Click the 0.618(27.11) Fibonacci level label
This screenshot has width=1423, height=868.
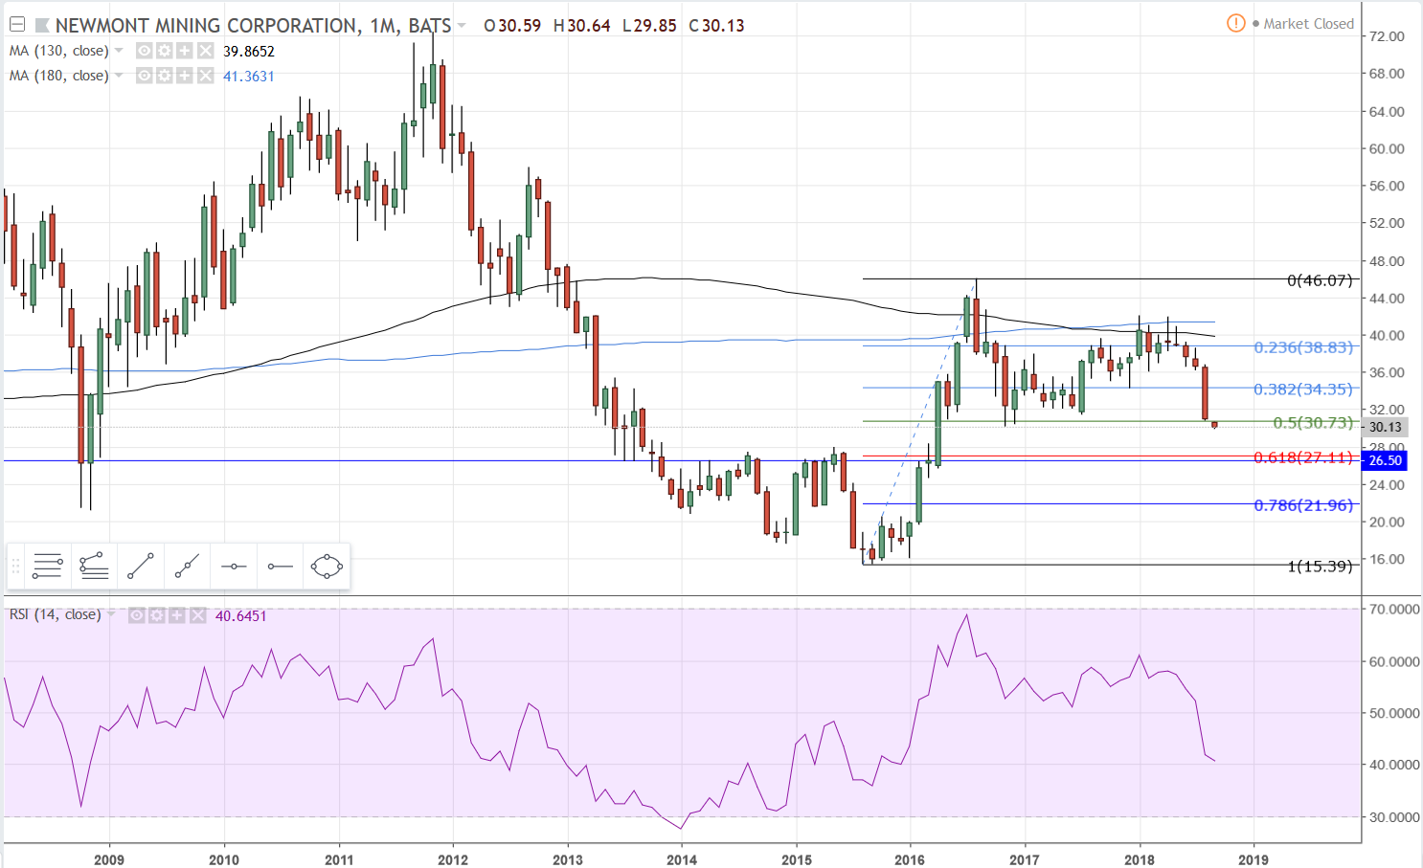coord(1303,457)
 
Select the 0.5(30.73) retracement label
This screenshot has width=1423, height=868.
coord(1313,423)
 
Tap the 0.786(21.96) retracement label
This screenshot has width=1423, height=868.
coord(1303,505)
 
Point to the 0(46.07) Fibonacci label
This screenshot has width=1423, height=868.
coord(1320,280)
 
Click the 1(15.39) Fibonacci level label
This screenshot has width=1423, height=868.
coord(1320,567)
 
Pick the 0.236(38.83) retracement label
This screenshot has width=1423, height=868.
coord(1303,347)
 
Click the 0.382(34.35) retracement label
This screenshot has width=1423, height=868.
coord(1303,389)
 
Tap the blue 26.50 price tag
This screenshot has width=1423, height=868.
coord(1385,460)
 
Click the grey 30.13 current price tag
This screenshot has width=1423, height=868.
coord(1385,427)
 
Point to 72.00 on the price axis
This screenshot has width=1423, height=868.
coord(1387,36)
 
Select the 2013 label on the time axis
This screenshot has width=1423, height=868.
coord(568,859)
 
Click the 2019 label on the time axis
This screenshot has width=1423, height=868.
coord(1254,859)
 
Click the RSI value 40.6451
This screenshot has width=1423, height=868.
coord(241,616)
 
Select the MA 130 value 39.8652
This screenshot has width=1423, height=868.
coord(249,52)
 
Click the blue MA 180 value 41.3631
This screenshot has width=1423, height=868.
coord(249,77)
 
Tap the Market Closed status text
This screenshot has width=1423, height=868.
coord(1308,24)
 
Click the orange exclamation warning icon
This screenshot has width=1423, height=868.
coord(1236,23)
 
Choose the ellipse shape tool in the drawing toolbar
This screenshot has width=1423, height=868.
coord(327,567)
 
